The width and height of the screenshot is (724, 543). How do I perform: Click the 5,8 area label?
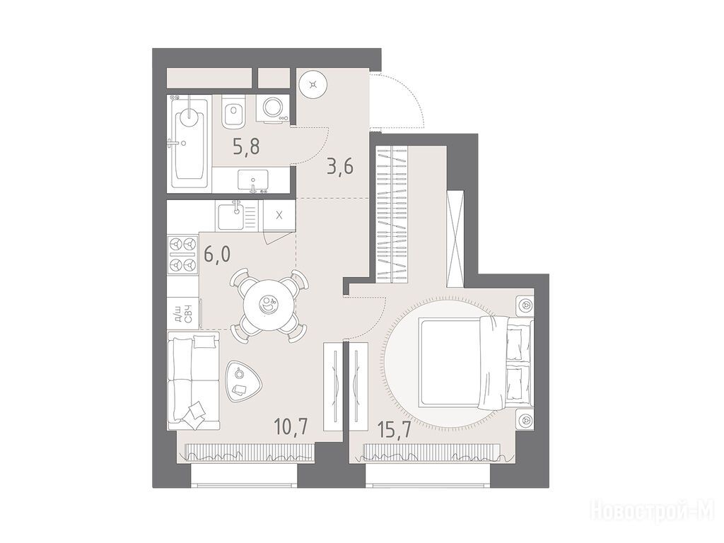(x=246, y=147)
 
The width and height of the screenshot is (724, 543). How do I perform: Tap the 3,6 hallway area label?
(x=340, y=167)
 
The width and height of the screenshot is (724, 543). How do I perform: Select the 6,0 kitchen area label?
(x=217, y=255)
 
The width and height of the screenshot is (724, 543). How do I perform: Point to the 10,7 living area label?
(x=291, y=425)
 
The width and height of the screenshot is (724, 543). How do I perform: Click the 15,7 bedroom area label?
(x=394, y=429)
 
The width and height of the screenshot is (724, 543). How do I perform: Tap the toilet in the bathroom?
(x=233, y=112)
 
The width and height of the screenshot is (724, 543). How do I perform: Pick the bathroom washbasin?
(x=252, y=180)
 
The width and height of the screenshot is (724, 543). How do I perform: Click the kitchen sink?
(x=238, y=215)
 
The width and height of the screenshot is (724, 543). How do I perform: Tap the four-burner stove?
(x=182, y=254)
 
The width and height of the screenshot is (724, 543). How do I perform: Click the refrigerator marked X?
(x=279, y=215)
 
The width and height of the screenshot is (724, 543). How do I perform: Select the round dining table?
(x=269, y=305)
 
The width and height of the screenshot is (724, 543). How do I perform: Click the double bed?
(x=476, y=363)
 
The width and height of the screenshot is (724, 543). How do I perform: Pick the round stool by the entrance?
(x=313, y=84)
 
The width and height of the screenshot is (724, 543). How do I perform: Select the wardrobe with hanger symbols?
(x=392, y=213)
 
